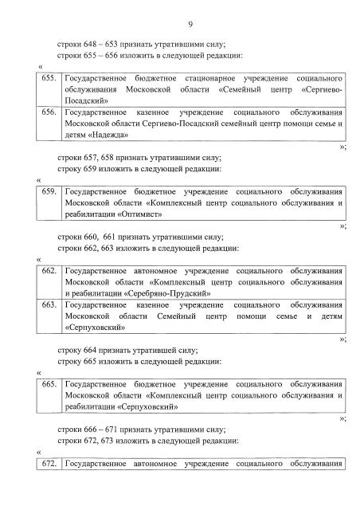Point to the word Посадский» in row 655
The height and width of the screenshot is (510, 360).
(88, 103)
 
